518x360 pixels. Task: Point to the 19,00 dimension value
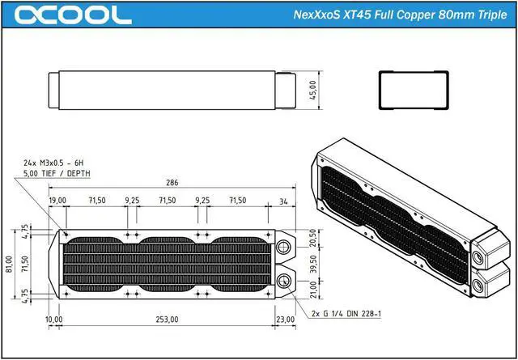click(x=57, y=200)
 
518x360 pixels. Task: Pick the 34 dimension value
click(x=282, y=200)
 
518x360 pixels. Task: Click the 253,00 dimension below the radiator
click(x=167, y=320)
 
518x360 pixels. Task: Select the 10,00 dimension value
click(x=54, y=320)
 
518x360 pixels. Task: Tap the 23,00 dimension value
click(x=285, y=320)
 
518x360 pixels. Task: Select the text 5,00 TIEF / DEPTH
click(x=57, y=173)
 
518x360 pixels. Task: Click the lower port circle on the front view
click(x=284, y=281)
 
